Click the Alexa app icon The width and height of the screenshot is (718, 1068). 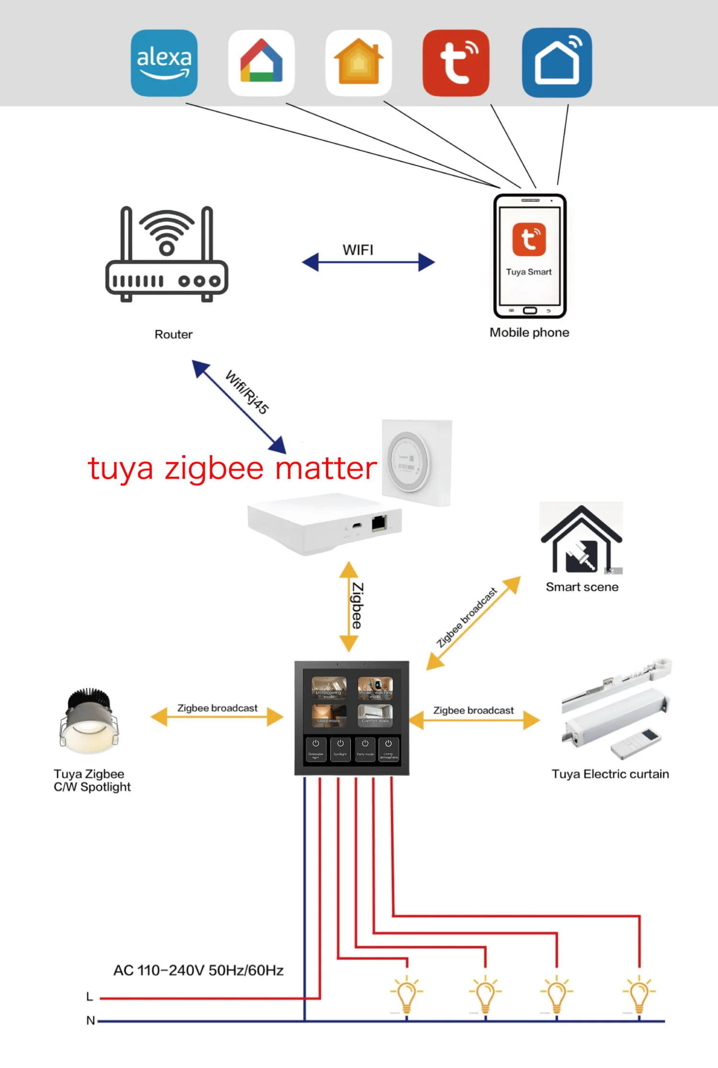pyautogui.click(x=164, y=63)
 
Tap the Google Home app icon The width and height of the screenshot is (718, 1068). pyautogui.click(x=261, y=63)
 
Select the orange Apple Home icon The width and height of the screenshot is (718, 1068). pyautogui.click(x=359, y=63)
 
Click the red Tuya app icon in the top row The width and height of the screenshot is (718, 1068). pyautogui.click(x=456, y=63)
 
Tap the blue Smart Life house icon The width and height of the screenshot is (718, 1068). pyautogui.click(x=557, y=63)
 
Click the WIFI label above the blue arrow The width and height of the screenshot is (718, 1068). pyautogui.click(x=358, y=250)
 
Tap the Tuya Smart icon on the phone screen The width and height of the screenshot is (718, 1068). pyautogui.click(x=529, y=239)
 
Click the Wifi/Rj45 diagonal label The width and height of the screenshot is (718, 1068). pyautogui.click(x=247, y=392)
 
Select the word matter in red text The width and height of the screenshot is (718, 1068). pyautogui.click(x=326, y=468)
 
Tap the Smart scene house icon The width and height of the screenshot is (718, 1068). pyautogui.click(x=581, y=540)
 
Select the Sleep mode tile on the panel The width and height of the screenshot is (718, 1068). pyautogui.click(x=329, y=716)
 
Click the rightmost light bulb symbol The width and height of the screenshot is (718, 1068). pyautogui.click(x=639, y=995)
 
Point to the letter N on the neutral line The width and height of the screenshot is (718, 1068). pyautogui.click(x=90, y=1021)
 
